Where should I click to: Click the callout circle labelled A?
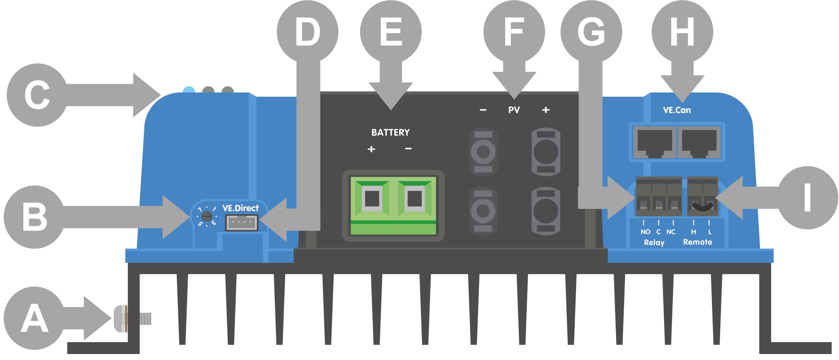tap(34, 318)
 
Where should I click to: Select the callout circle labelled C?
tap(37, 95)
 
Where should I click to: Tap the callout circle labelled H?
tap(682, 32)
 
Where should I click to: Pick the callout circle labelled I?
tap(807, 198)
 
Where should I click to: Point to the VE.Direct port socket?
tap(242, 223)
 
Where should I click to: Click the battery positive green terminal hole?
tap(372, 198)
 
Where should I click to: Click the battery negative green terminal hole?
tap(414, 198)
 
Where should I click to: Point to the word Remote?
tap(697, 242)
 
